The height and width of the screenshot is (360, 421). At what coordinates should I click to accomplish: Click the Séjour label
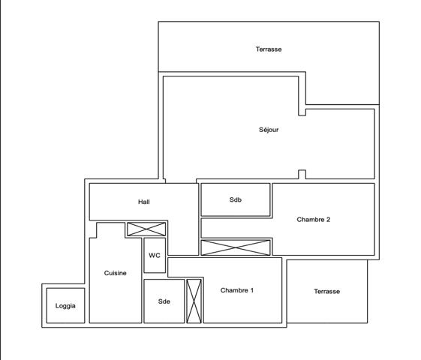coord(269,130)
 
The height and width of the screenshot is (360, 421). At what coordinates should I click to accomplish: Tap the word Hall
coord(144,202)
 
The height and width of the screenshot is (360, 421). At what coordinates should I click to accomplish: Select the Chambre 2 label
coord(314,220)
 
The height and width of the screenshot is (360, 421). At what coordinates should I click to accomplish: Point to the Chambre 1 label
coord(237,290)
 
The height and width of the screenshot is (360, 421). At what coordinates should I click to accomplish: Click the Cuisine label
coord(115,273)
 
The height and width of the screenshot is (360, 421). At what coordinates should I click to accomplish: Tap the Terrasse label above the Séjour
coord(269,49)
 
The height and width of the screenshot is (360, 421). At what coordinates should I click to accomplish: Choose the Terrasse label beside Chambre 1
coord(326,291)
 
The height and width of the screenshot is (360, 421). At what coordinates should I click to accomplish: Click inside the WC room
coord(155,256)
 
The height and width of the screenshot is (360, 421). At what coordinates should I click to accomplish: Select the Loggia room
coord(65,305)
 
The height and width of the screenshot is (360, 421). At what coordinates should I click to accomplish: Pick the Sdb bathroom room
coord(236,199)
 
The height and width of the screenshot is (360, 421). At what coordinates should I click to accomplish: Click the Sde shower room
coord(164,301)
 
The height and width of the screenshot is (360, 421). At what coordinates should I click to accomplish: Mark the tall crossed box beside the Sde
coord(194,301)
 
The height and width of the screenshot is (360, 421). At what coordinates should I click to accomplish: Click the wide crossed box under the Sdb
coord(236,247)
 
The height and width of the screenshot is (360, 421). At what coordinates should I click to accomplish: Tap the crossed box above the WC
coord(146,229)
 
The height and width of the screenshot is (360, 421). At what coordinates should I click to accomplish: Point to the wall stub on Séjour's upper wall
coord(302,112)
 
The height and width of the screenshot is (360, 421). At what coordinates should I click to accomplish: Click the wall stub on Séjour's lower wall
coord(302,174)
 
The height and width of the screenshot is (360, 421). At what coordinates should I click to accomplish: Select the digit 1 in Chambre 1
coord(252,290)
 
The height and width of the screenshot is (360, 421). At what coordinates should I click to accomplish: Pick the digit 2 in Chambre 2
coord(329,220)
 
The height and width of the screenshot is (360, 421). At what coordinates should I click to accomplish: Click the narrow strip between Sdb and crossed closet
coord(236,228)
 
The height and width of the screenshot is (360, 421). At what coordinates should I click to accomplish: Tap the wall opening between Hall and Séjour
coord(181,181)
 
